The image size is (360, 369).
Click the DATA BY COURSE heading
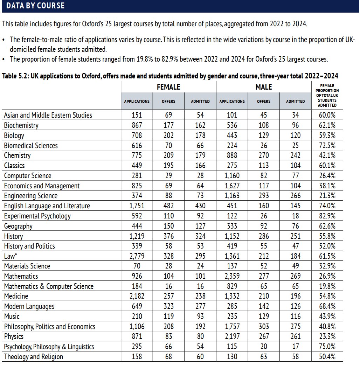click(x=35, y=6)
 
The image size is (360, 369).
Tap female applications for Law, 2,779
click(x=137, y=256)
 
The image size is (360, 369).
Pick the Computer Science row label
click(x=28, y=176)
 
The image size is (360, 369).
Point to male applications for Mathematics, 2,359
click(x=232, y=276)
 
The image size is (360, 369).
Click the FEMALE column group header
click(x=168, y=87)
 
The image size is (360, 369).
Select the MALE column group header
click(x=263, y=87)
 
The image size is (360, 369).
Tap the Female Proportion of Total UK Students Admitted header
click(x=327, y=95)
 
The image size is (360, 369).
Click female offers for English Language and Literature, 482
click(x=168, y=206)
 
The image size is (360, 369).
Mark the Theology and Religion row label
click(x=34, y=357)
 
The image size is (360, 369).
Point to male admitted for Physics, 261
click(x=295, y=336)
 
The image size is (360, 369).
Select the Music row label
click(x=12, y=316)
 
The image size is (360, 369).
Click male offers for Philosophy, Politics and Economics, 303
click(x=263, y=327)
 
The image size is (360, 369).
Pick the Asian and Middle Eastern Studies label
click(x=48, y=115)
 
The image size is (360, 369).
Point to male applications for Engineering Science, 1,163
click(x=232, y=196)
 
